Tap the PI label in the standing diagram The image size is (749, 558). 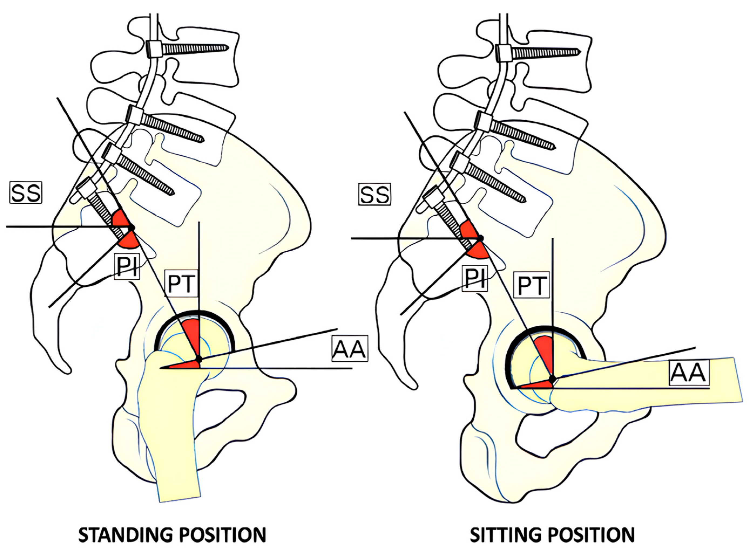tap(127, 266)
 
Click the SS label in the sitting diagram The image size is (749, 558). tap(374, 195)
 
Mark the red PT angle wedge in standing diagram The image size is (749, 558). tap(192, 334)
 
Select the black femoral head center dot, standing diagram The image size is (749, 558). tap(198, 359)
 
